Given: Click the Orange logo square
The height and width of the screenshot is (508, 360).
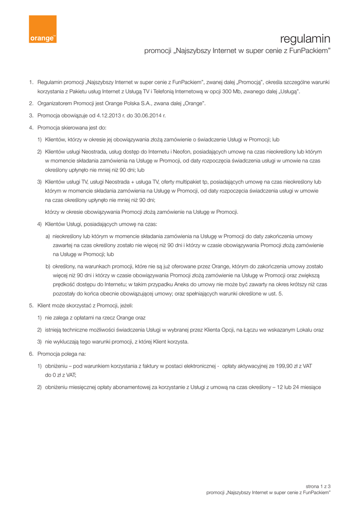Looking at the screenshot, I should [42, 29].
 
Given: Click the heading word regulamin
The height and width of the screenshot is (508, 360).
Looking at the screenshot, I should [305, 39].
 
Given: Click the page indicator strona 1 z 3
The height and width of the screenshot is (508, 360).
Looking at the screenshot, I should [318, 486].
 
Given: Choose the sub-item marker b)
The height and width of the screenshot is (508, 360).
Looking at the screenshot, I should [48, 266].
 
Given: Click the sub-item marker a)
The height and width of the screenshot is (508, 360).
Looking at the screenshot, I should [48, 237].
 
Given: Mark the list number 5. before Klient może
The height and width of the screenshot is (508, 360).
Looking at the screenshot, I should [31, 306].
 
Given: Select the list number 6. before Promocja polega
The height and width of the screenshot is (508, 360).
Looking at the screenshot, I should [31, 354].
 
